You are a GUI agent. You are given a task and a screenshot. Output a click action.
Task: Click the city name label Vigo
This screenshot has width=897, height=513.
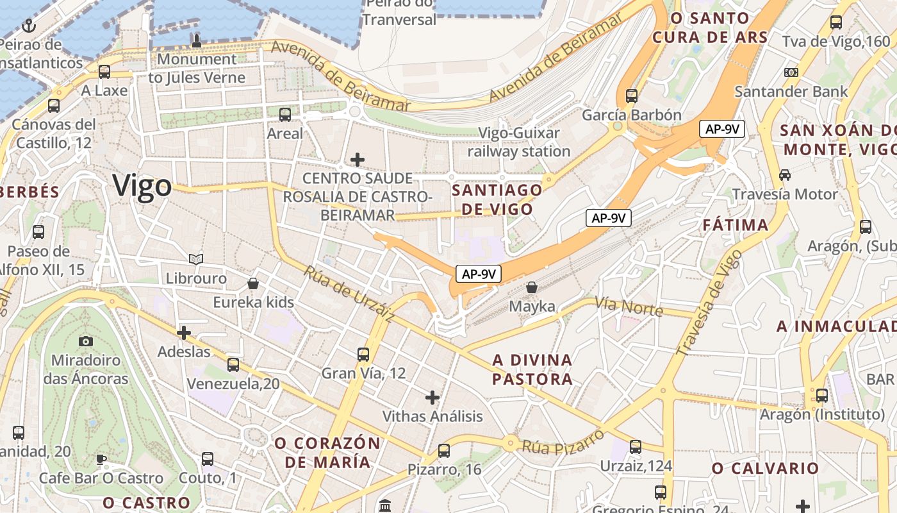pos(142,185)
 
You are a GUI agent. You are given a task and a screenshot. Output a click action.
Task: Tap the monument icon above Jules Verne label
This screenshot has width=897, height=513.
pos(196,41)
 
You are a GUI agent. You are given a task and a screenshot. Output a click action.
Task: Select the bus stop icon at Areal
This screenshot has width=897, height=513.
pos(285,115)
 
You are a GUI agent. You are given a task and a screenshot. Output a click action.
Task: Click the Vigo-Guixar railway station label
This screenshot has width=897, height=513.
pos(519,142)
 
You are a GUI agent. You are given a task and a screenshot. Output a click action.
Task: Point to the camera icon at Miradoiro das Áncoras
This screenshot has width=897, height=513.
pos(85,342)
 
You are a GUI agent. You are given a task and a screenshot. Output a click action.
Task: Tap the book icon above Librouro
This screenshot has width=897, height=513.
pos(196,260)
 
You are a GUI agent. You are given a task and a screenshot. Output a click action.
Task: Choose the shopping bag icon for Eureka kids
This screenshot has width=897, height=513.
pos(253,283)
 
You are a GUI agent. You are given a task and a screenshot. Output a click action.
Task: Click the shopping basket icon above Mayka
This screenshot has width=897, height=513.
pos(531,287)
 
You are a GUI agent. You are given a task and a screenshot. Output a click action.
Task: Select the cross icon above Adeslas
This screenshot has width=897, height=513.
pos(184,333)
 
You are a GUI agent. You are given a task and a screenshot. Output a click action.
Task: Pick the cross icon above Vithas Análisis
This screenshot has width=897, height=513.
pos(432,398)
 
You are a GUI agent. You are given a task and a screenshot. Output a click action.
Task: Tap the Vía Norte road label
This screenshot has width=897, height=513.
pos(629,306)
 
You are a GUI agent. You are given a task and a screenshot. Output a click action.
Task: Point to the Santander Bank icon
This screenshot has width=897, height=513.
pos(791,72)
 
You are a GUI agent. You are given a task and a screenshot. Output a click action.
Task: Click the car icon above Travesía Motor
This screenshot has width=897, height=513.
pos(785,174)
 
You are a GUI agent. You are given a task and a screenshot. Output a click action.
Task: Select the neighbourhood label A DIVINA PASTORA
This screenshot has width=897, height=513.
pos(532,369)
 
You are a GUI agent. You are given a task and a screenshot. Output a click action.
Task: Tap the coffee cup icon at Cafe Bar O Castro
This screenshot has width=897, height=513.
pos(101,459)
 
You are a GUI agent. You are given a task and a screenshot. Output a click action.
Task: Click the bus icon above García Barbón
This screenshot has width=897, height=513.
pos(632,96)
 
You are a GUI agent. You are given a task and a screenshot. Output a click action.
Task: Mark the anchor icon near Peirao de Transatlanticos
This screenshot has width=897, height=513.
pos(28,26)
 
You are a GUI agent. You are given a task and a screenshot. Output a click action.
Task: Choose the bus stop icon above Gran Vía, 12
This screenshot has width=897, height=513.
pos(363,354)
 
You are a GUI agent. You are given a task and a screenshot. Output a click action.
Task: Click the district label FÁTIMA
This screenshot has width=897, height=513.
pos(736,225)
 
